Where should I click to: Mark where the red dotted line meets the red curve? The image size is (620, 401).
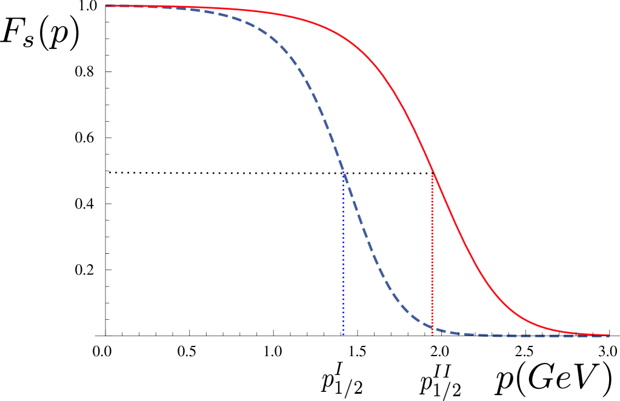tap(432, 172)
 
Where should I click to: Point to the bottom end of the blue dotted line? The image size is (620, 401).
tap(343, 335)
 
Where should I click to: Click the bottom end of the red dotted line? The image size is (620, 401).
tap(432, 335)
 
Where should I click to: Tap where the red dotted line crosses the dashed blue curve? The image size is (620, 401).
tap(432, 327)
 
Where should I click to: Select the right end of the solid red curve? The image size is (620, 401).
tap(608, 335)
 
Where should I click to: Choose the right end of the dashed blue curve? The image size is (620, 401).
tap(608, 336)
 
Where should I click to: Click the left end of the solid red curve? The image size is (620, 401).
tap(106, 5)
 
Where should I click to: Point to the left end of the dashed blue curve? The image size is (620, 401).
tap(107, 6)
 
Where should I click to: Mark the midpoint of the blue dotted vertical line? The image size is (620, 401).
tap(343, 254)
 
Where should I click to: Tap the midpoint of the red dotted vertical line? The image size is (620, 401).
tap(432, 254)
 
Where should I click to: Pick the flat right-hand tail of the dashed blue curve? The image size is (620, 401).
tap(533, 335)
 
